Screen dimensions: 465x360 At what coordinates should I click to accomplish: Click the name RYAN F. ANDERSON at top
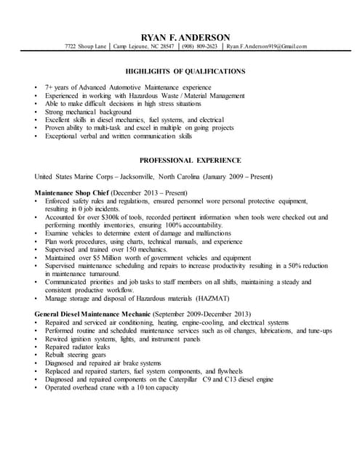(185, 38)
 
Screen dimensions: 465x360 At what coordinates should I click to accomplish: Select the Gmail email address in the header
(266, 46)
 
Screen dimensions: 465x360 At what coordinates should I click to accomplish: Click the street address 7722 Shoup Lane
(85, 46)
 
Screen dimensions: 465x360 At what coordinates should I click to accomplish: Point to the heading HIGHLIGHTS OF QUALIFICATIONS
(185, 71)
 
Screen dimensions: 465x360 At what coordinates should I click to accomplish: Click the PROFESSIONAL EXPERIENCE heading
(185, 160)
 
